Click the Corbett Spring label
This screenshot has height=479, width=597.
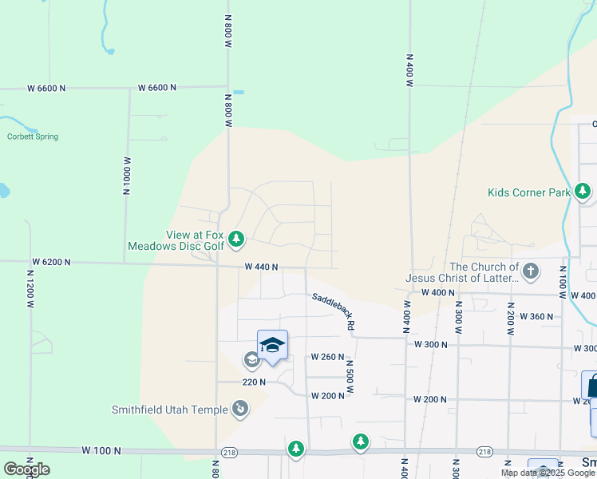(x=33, y=137)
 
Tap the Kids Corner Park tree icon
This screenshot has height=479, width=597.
(x=583, y=192)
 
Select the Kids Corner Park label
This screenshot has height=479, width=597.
(x=529, y=192)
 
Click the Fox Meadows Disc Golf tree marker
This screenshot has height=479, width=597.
(x=235, y=239)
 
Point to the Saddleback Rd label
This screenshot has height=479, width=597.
(x=332, y=311)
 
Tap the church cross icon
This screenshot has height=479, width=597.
(x=530, y=272)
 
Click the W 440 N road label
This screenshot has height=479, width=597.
(x=261, y=267)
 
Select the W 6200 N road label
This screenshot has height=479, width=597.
(x=51, y=262)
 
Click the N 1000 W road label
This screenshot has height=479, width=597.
(x=126, y=176)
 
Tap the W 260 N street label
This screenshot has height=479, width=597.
(x=327, y=356)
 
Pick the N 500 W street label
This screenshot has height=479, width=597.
(x=349, y=378)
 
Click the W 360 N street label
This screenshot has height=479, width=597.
(x=536, y=316)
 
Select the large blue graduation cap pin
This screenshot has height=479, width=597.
(x=272, y=346)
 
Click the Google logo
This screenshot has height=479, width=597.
(x=26, y=469)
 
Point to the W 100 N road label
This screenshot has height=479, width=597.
(x=101, y=450)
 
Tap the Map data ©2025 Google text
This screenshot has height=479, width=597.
(x=548, y=473)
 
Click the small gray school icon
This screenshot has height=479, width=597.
(x=251, y=360)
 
